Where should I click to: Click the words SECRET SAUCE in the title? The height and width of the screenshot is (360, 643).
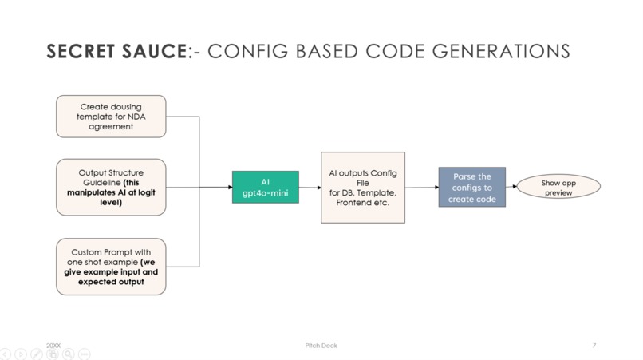coord(116,52)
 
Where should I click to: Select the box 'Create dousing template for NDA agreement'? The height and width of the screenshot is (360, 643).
coord(111,117)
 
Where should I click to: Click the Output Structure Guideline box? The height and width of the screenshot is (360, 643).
coord(111,187)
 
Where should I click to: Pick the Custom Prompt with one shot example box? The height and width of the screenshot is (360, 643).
coord(111,267)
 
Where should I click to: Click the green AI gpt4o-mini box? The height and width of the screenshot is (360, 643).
coord(265,188)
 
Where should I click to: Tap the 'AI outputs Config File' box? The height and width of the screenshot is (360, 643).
coord(362,188)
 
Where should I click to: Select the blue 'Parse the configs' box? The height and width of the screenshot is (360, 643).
coord(471,188)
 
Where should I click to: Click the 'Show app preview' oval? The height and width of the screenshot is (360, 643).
coord(558,188)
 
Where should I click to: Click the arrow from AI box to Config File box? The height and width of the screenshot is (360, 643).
coord(310,188)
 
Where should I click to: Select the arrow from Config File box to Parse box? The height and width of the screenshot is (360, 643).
coord(422,188)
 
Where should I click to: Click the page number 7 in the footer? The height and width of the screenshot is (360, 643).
coord(594,346)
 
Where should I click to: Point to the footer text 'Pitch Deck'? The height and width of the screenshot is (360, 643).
coord(321,346)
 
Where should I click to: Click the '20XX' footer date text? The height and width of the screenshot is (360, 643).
coord(53,346)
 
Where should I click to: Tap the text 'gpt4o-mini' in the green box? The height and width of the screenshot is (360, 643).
coord(265,194)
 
